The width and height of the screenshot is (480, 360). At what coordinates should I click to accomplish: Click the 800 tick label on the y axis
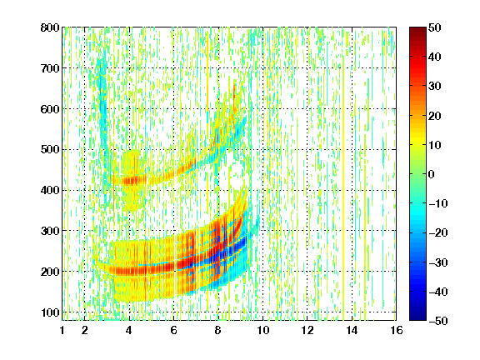(x=50, y=27)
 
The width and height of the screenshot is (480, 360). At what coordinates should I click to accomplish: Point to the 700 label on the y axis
(x=50, y=68)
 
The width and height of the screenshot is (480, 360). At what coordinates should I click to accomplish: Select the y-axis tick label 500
(x=50, y=150)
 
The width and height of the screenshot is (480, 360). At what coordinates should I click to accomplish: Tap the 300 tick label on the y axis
(x=50, y=231)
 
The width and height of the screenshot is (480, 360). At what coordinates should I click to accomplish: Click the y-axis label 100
(x=50, y=312)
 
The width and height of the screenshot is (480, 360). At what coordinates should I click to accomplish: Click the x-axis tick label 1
(x=62, y=330)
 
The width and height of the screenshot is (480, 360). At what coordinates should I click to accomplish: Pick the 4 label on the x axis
(x=129, y=330)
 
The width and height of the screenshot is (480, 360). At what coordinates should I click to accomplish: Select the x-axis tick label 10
(x=262, y=330)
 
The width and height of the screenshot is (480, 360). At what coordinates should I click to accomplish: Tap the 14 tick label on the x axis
(x=352, y=330)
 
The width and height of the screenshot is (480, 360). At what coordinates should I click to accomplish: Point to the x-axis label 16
(x=397, y=330)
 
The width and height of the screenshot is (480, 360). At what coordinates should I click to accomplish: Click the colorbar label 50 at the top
(x=435, y=27)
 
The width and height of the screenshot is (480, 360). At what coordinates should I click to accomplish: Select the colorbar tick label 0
(x=432, y=174)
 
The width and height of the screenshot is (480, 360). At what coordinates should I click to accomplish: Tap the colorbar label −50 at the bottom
(x=438, y=321)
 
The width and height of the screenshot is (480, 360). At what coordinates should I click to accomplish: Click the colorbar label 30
(x=435, y=87)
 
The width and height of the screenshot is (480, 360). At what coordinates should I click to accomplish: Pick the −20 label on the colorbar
(x=438, y=232)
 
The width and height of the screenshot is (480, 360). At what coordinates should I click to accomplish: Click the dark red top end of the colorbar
(x=417, y=29)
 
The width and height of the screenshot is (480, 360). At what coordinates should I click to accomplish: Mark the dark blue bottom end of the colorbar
(x=417, y=317)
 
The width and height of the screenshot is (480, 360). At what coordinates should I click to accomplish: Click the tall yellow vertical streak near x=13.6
(x=343, y=174)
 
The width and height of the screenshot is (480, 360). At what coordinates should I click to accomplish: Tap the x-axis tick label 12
(x=307, y=330)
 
